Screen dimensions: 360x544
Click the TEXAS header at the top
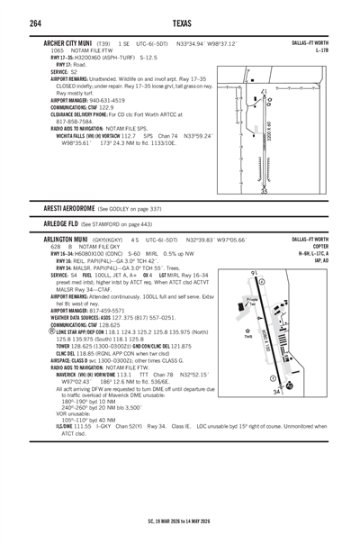click(180, 22)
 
